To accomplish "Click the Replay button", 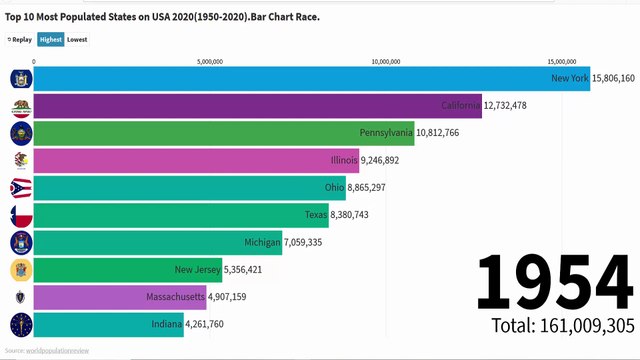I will (18, 40).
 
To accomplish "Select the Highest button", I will (50, 40).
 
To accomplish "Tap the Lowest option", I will (77, 40).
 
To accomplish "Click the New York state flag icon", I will (19, 79).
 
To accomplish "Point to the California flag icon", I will (19, 106).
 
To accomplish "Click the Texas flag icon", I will (19, 215).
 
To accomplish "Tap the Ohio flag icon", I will (19, 188).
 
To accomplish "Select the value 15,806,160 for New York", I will (613, 78).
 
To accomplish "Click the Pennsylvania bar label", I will (386, 133).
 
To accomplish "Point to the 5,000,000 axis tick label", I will (210, 61).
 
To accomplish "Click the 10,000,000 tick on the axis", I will (385, 61).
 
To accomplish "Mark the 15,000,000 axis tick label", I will (562, 61).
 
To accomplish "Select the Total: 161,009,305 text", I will (563, 325).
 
